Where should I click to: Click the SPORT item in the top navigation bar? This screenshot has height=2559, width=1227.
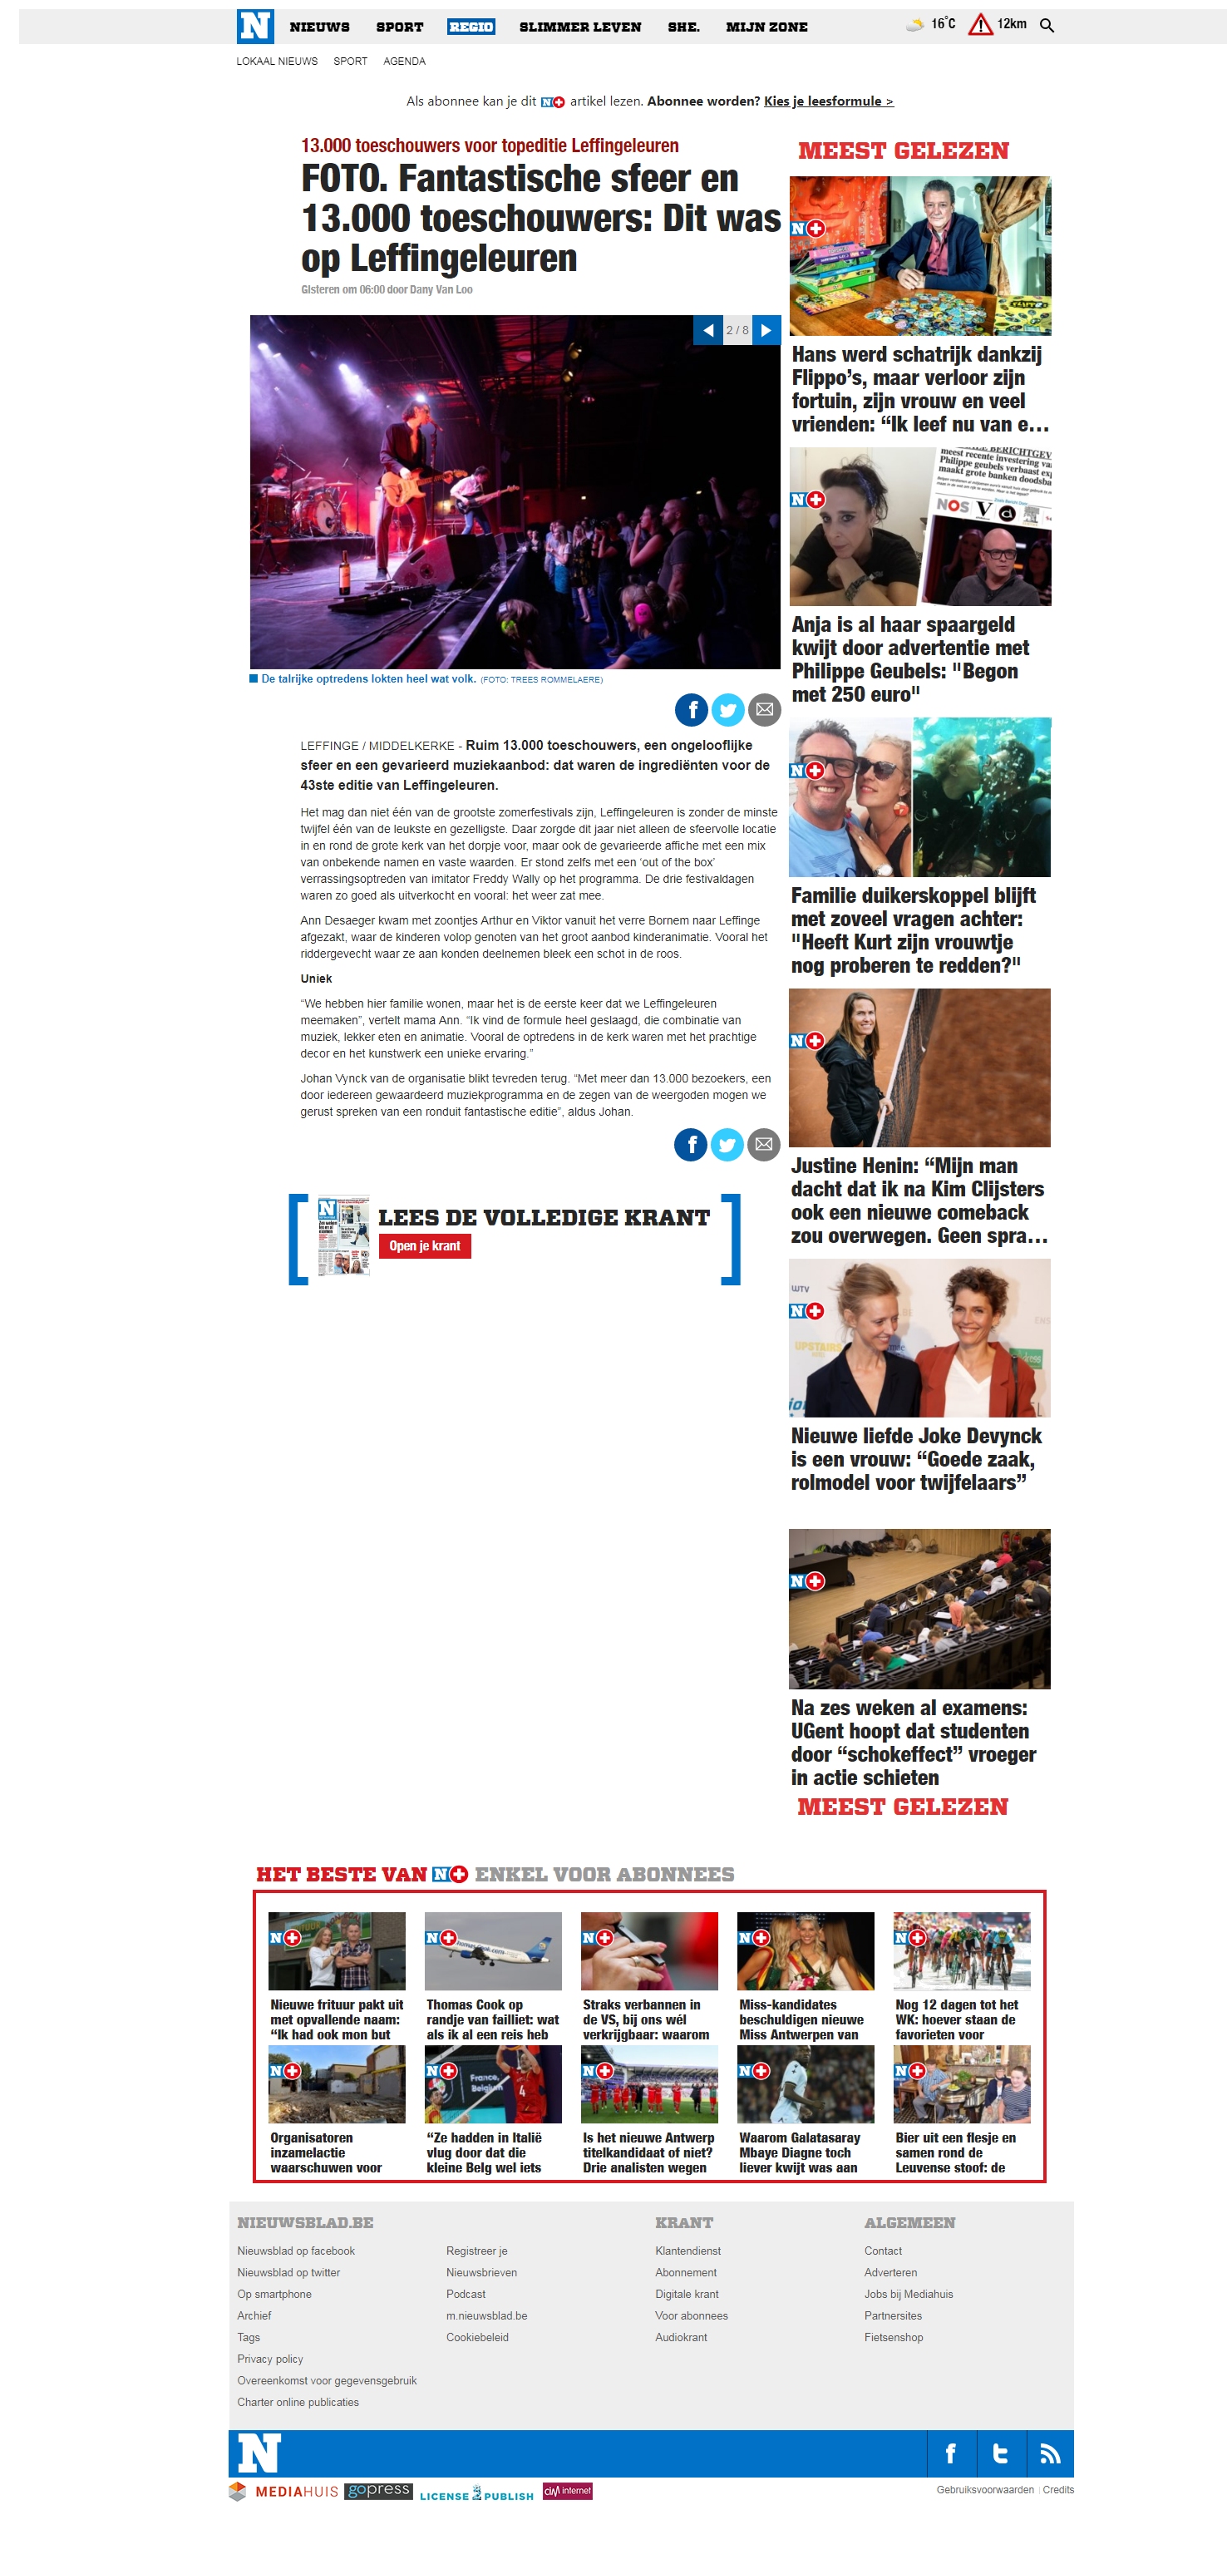point(398,27)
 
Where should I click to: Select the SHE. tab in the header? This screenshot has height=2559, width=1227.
point(682,27)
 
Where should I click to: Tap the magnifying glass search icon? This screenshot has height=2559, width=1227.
point(1046,25)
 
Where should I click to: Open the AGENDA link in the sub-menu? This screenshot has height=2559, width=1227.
point(403,62)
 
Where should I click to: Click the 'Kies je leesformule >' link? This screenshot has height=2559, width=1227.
point(828,101)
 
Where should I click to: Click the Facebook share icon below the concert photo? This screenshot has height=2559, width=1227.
point(691,709)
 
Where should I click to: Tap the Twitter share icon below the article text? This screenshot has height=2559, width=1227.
point(727,1144)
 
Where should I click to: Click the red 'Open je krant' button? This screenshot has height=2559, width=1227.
point(424,1245)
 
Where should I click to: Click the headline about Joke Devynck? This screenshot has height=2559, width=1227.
point(915,1458)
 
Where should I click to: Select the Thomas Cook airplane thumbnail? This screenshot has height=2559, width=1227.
point(493,1950)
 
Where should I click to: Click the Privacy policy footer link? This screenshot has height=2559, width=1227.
point(269,2359)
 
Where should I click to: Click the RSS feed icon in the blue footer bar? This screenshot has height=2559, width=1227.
point(1048,2453)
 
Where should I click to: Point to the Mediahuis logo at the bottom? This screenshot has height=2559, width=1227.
point(283,2491)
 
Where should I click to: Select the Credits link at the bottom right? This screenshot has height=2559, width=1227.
point(1057,2489)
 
